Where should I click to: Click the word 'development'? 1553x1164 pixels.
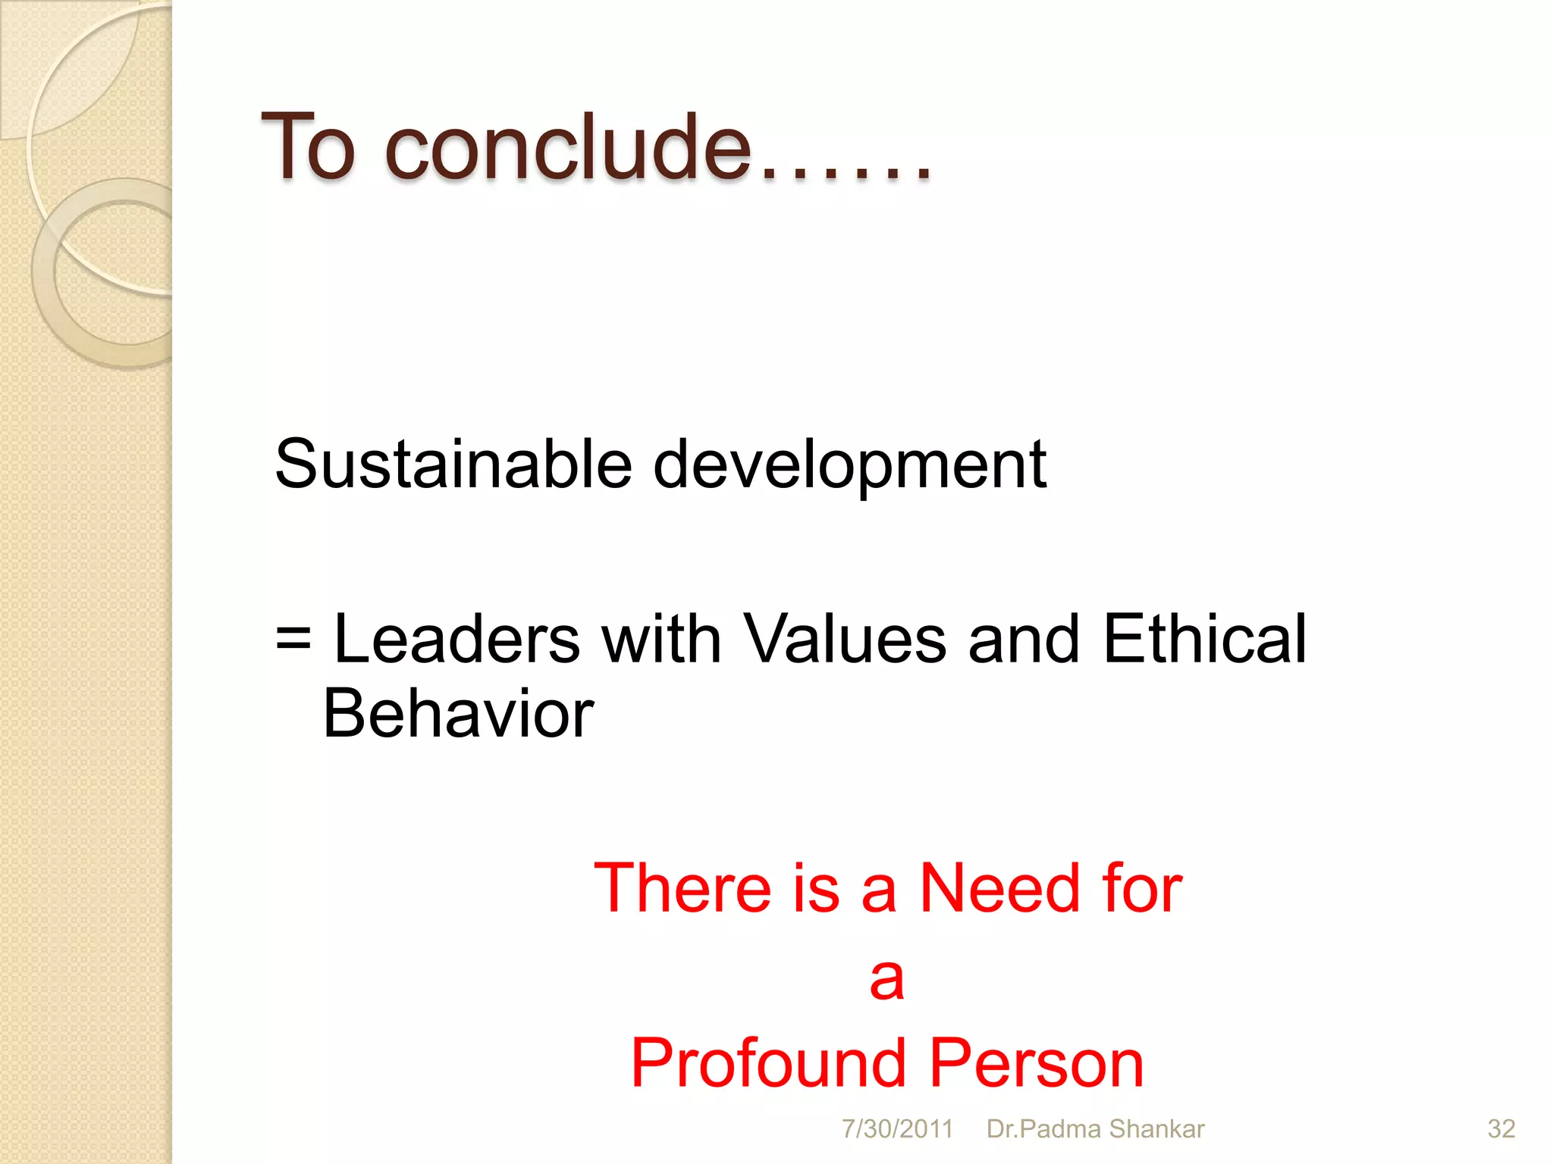(x=849, y=466)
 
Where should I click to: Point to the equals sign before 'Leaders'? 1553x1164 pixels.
(x=293, y=637)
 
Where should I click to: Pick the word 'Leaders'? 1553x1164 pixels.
(x=456, y=639)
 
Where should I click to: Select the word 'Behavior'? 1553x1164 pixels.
(x=458, y=713)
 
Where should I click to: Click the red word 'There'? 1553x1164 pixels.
(x=682, y=887)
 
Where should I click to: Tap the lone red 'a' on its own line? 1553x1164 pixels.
(x=886, y=978)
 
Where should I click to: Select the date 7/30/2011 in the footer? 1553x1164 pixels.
(x=897, y=1129)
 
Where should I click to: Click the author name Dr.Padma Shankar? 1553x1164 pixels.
(x=1095, y=1129)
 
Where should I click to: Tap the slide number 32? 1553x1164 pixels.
(x=1501, y=1129)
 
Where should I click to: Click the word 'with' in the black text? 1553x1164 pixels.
(x=661, y=639)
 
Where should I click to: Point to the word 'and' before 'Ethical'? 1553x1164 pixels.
(x=1023, y=639)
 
